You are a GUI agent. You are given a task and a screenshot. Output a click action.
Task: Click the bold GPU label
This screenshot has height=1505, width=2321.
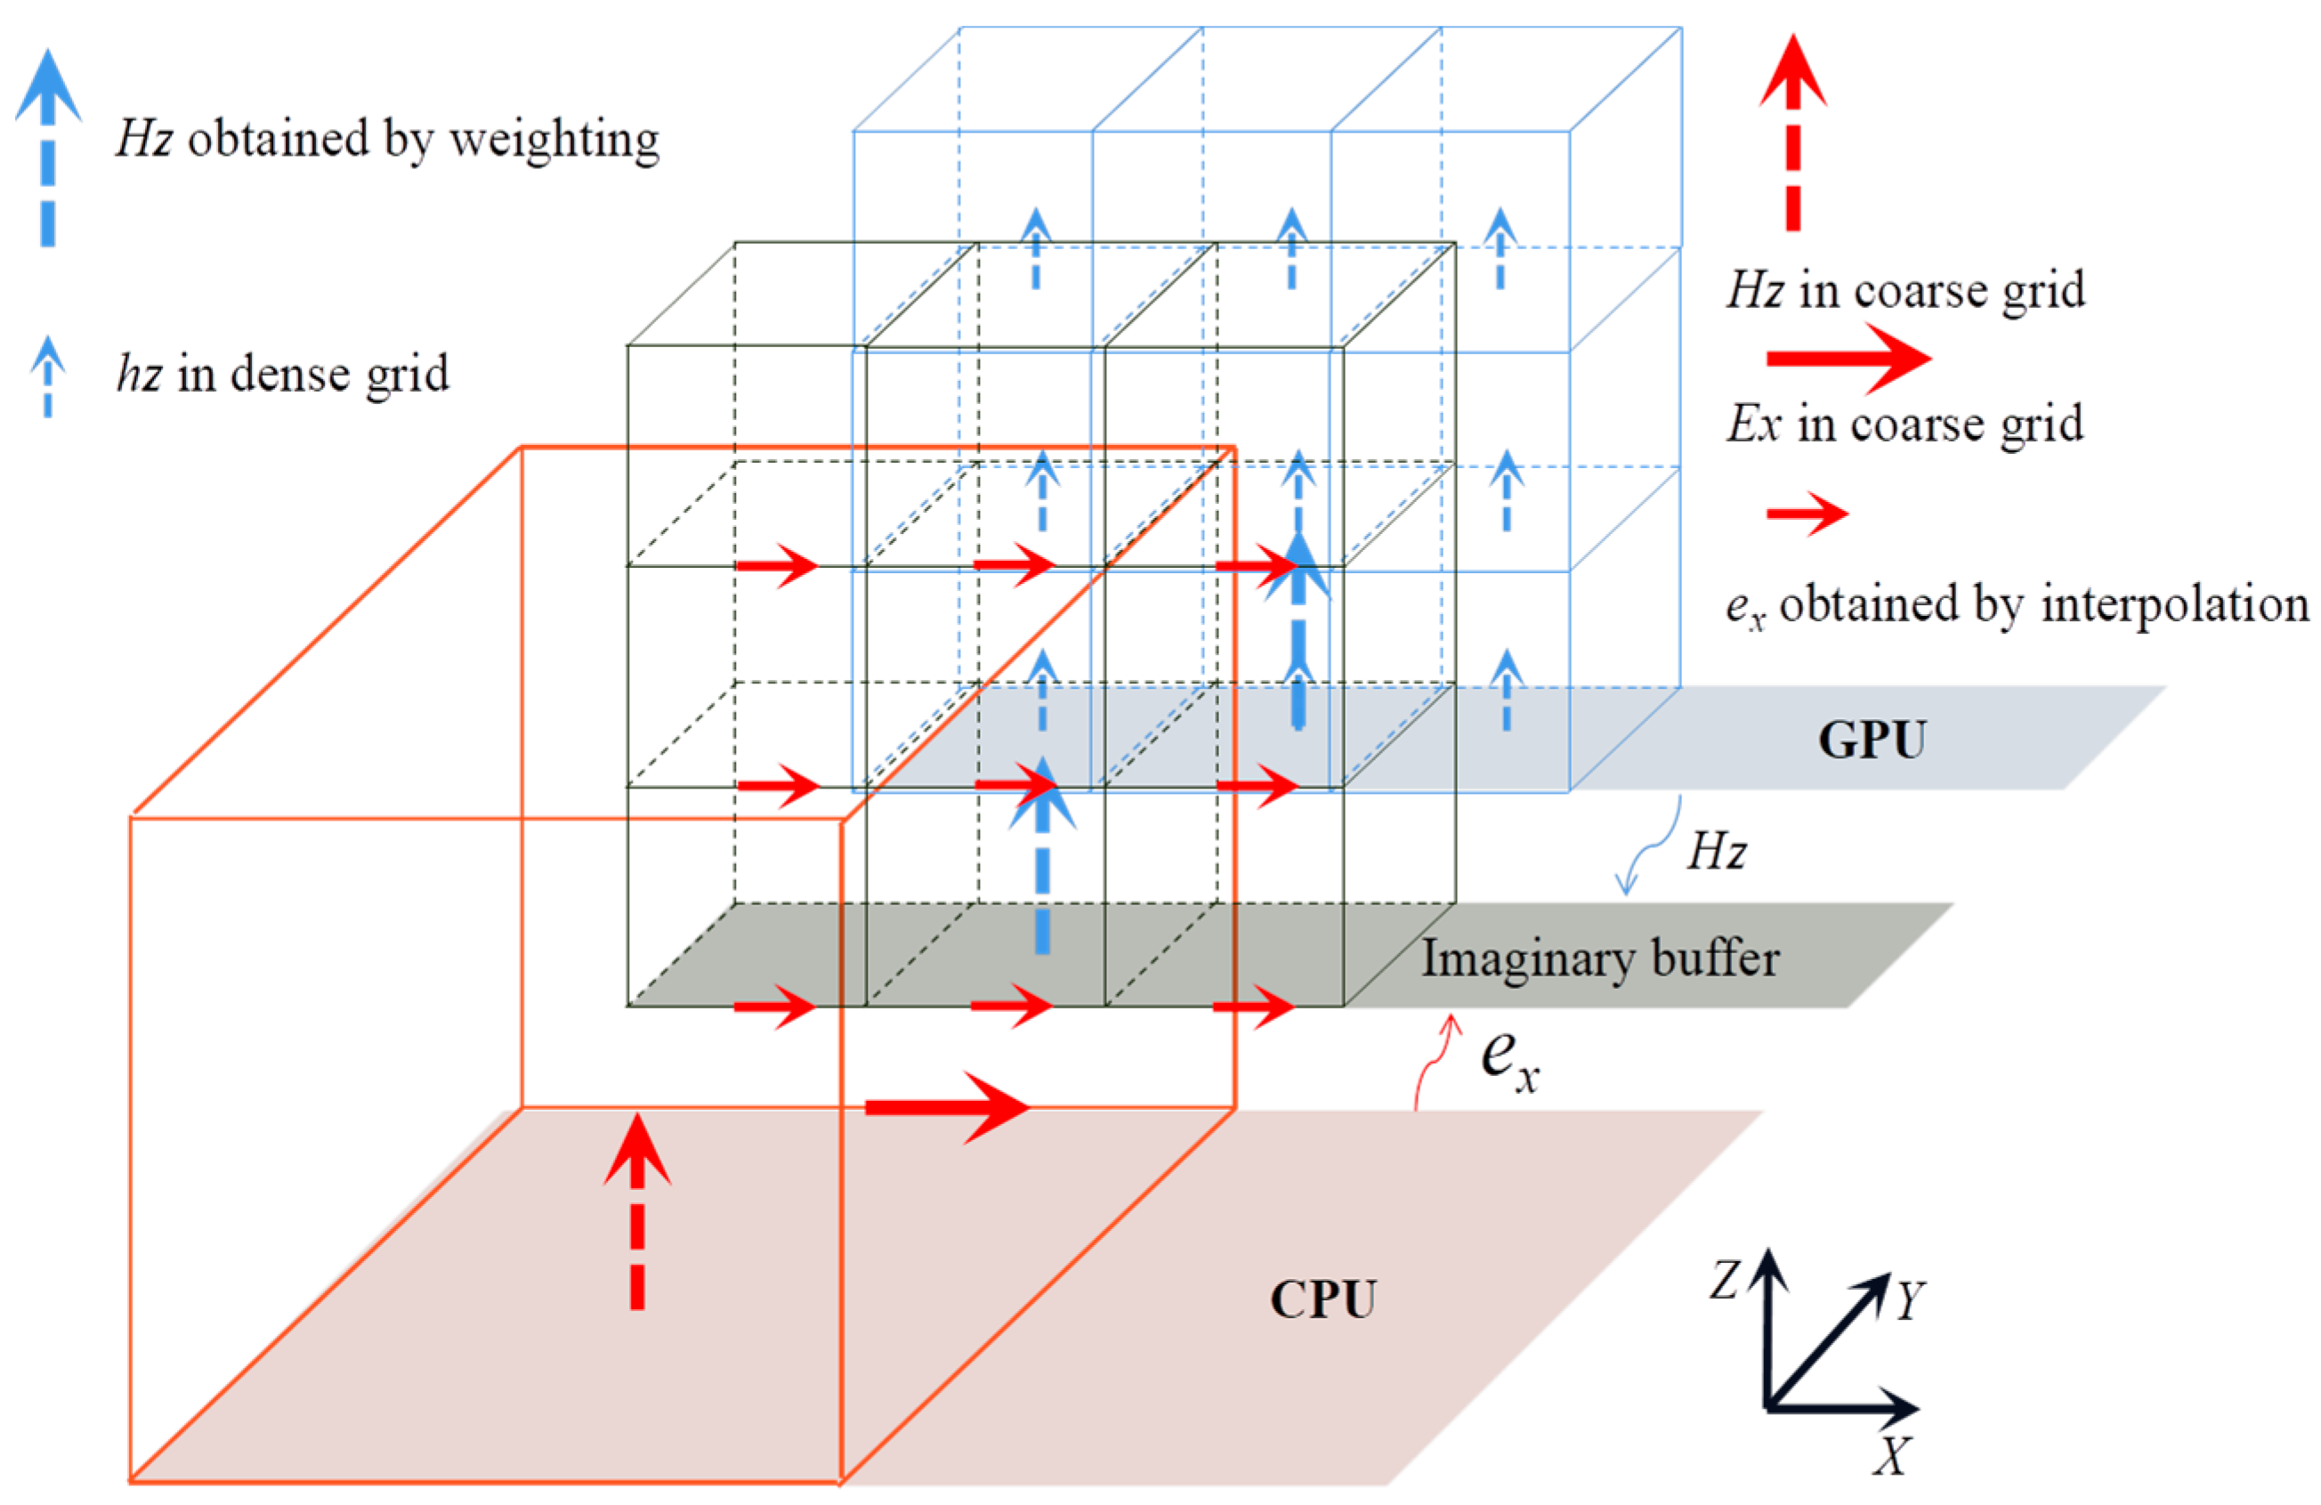pos(1872,740)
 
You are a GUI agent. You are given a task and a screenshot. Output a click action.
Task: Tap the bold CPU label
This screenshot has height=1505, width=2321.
pos(1322,1299)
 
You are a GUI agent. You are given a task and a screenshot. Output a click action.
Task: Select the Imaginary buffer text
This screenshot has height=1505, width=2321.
pos(1599,958)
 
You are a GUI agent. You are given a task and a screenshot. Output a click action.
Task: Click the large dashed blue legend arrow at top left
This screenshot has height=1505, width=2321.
pos(48,146)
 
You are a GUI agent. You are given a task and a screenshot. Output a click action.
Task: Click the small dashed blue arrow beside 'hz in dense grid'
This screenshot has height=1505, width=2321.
pos(47,376)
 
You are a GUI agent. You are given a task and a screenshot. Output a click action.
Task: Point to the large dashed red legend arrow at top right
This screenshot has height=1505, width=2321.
pos(1792,132)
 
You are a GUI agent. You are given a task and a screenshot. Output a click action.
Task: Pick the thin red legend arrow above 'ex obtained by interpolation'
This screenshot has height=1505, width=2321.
pos(1807,513)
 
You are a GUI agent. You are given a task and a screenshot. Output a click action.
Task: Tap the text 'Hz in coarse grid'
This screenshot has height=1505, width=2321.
pos(1905,289)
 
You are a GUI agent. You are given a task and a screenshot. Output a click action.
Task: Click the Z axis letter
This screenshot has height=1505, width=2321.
pos(1724,1280)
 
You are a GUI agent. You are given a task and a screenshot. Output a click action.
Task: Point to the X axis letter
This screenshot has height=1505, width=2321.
pos(1892,1456)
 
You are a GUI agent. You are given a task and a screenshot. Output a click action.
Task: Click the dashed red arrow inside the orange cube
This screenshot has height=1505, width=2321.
pos(637,1210)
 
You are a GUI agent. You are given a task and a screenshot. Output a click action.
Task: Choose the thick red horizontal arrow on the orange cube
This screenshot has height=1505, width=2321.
pos(946,1107)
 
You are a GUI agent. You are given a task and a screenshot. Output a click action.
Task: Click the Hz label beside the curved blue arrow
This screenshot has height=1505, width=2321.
pos(1717,852)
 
